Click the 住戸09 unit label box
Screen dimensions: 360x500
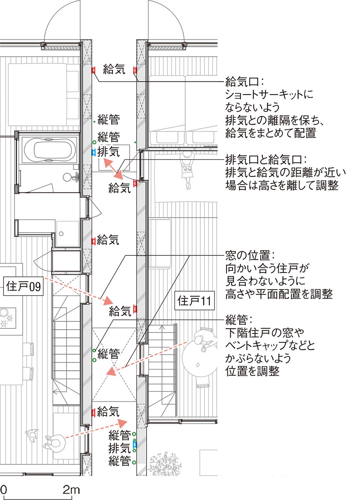point(23,286)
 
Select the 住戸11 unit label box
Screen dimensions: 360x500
point(194,300)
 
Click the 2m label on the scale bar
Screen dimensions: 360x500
point(71,490)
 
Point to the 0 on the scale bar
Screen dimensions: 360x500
point(4,490)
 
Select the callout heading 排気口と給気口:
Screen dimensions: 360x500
point(266,159)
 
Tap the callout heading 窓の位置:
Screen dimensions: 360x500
point(250,255)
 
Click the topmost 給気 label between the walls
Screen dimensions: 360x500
point(114,69)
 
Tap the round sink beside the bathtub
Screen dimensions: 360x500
point(68,177)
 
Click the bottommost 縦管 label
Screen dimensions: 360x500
point(120,461)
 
